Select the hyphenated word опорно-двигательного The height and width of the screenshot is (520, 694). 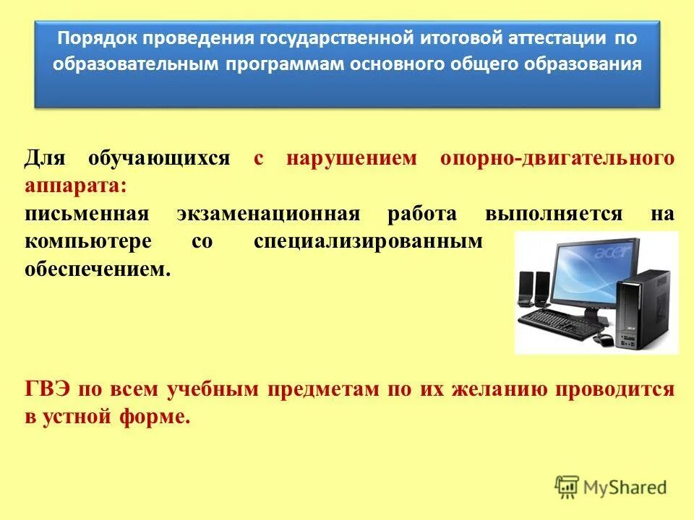557,159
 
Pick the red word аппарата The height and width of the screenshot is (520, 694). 76,186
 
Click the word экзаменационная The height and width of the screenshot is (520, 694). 268,214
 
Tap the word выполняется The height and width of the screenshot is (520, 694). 554,214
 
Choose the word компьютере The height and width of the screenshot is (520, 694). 88,242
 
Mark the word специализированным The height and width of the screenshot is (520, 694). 368,242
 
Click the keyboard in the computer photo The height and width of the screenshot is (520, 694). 560,323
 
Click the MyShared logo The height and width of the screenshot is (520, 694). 611,487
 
